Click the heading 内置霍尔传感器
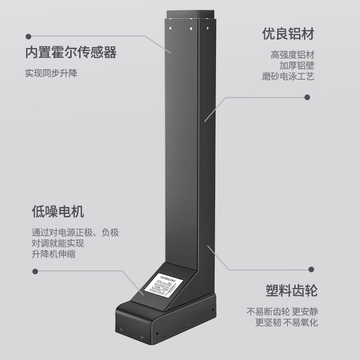pos(71,53)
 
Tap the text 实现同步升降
pos(51,73)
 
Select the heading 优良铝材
pos(288,34)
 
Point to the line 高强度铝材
pos(292,55)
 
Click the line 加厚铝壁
pos(297,66)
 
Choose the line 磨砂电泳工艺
pos(288,76)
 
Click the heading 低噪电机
pos(58,211)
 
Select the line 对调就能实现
pos(58,243)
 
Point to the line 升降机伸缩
pos(53,254)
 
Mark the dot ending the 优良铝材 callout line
pos(308,97)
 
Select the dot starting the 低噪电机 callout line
pos(36,271)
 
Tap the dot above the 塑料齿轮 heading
pos(310,269)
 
